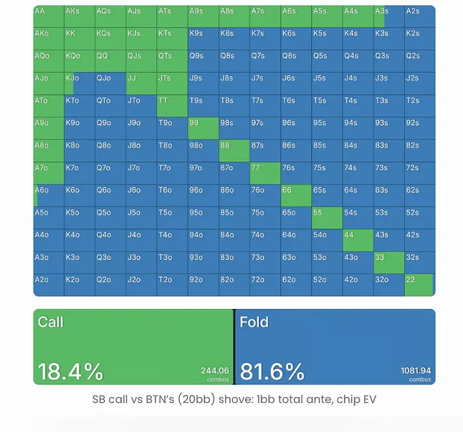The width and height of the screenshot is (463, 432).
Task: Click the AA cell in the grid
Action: (49, 17)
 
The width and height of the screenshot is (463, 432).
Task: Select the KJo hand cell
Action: (80, 83)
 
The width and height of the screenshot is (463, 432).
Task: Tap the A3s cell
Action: (389, 17)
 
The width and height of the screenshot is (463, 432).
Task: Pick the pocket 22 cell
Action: (419, 285)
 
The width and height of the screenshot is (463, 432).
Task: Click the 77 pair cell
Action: (265, 173)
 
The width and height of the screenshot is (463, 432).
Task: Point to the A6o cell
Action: (49, 195)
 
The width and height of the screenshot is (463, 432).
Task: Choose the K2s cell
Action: (420, 38)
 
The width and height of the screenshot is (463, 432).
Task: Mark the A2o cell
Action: (49, 285)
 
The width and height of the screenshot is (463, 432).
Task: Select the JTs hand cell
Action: (173, 83)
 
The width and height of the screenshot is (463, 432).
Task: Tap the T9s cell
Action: (204, 106)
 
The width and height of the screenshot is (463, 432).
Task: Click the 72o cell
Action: (265, 285)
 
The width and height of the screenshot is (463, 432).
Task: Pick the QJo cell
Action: (110, 83)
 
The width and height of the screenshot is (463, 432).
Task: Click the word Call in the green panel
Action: (50, 322)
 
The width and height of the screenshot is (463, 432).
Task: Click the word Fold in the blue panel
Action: (254, 322)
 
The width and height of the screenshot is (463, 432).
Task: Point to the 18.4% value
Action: (71, 371)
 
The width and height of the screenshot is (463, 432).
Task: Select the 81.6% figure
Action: (273, 371)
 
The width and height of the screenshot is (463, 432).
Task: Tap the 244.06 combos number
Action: (215, 370)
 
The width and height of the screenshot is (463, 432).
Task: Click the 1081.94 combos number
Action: (416, 370)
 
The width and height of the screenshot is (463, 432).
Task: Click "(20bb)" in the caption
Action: (196, 400)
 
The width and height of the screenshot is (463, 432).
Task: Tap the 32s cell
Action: (420, 263)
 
